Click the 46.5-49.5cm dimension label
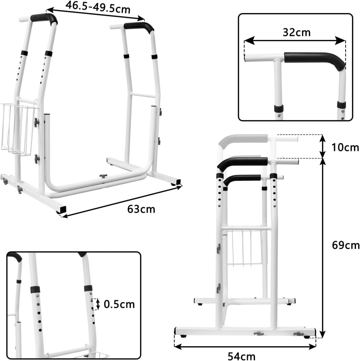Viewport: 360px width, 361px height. tap(98, 7)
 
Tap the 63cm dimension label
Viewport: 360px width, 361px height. tap(141, 209)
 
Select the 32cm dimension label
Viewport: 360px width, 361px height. tap(297, 32)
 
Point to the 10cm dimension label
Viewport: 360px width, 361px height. tap(345, 147)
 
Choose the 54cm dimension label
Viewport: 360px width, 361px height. tap(242, 356)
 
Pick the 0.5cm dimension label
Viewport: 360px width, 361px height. tap(119, 304)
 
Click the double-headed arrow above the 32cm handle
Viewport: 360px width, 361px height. tap(295, 41)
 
